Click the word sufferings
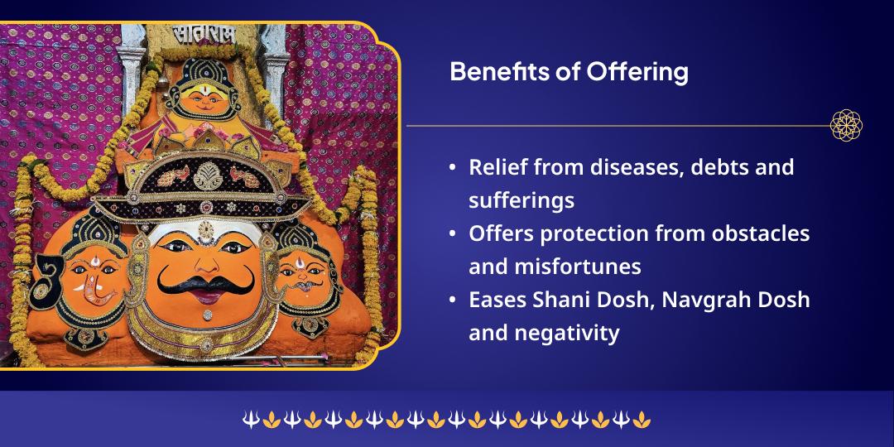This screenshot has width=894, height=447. [521, 201]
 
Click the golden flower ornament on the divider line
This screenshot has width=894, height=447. [846, 125]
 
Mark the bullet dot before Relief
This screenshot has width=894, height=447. [453, 168]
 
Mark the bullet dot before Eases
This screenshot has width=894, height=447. [453, 300]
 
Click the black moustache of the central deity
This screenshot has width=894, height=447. [206, 281]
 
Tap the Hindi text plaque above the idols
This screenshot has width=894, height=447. [204, 35]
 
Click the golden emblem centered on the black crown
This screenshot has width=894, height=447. [208, 176]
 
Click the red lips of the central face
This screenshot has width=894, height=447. [207, 296]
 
